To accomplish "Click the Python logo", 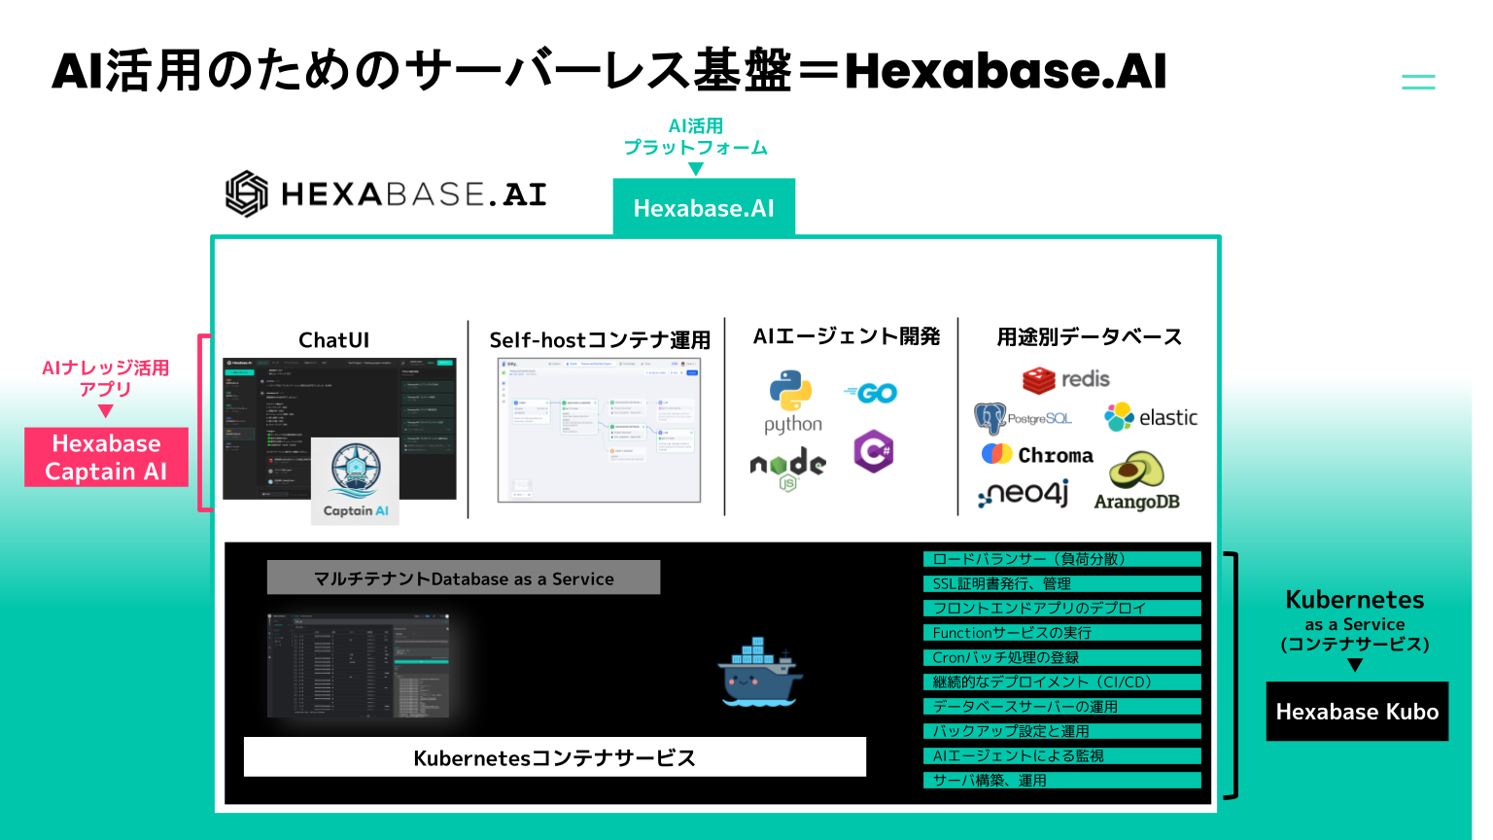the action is click(x=791, y=392).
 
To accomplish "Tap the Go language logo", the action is click(x=872, y=393).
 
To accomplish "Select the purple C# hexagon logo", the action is click(x=874, y=451).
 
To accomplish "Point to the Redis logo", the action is click(x=1065, y=379).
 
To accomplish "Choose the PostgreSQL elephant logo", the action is click(x=990, y=418).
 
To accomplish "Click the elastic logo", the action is click(x=1151, y=417).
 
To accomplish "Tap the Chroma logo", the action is click(x=1037, y=454).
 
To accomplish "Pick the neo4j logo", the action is click(x=1024, y=494).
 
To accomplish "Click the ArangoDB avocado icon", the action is click(x=1136, y=471).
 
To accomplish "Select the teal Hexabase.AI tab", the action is click(x=704, y=207).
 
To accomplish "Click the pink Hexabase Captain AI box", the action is click(x=106, y=457).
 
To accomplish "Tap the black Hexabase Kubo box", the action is click(x=1357, y=712).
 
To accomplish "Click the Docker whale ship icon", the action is click(x=760, y=672).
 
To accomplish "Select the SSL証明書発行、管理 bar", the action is click(x=1061, y=583).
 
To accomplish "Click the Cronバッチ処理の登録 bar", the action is click(x=1061, y=657).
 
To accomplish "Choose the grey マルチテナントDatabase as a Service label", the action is click(x=464, y=577).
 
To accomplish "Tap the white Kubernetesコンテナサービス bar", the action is click(x=554, y=757).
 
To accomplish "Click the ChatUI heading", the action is click(x=333, y=340).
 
